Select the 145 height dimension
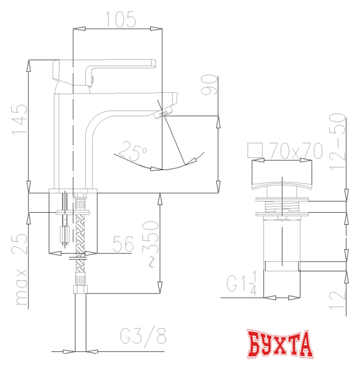point(19,119)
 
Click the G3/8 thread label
point(143,337)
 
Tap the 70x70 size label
point(296,151)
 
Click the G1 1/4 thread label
point(243,283)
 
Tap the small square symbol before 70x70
point(256,150)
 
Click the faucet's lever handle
point(114,66)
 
